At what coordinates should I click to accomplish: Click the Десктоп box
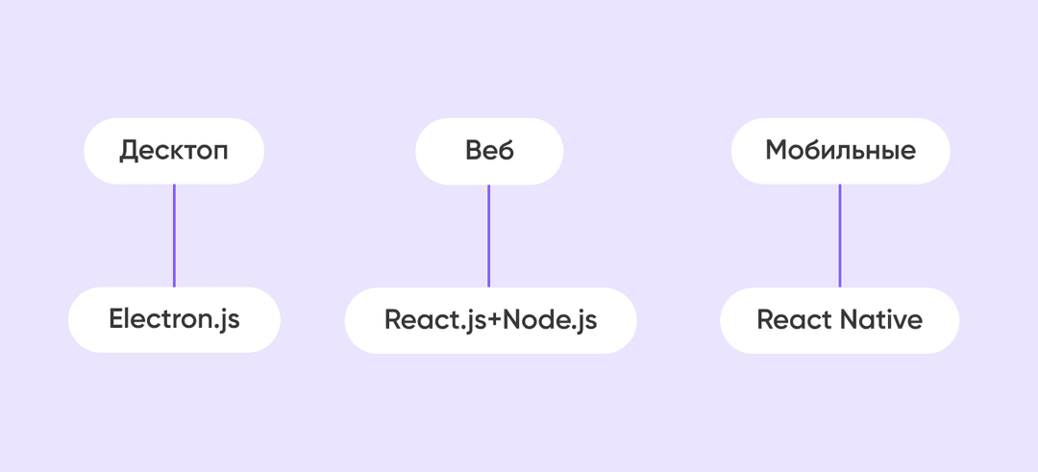[x=174, y=151]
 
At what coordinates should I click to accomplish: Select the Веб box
[x=489, y=151]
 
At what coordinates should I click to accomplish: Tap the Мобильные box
[x=840, y=151]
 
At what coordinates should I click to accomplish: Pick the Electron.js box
[x=174, y=320]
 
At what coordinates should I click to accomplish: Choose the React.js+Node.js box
[x=490, y=320]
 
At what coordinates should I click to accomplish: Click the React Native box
[x=839, y=320]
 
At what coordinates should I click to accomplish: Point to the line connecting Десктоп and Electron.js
[x=174, y=236]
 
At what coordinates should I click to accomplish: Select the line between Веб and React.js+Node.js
[x=488, y=236]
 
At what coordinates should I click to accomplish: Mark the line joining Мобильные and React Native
[x=840, y=236]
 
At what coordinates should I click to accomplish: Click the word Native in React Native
[x=881, y=320]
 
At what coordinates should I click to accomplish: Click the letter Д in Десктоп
[x=129, y=152]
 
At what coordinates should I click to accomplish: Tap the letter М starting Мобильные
[x=778, y=150]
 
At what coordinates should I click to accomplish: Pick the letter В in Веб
[x=474, y=150]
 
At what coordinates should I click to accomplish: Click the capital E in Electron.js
[x=117, y=319]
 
